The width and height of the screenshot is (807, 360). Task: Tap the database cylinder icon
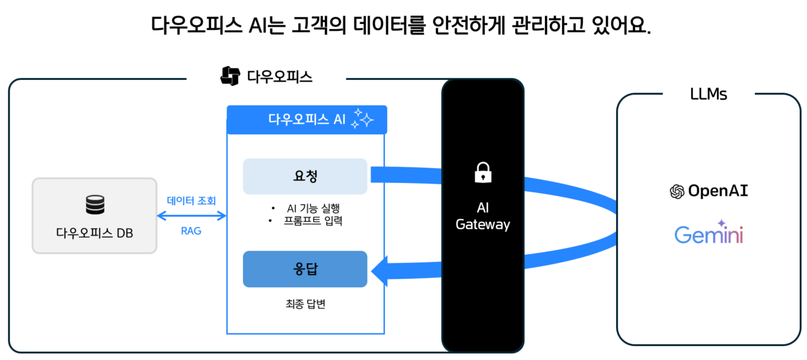pos(95,205)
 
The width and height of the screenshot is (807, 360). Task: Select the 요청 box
pos(305,176)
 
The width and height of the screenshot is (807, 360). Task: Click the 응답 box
pos(305,269)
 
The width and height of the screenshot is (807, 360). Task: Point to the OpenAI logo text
pos(718,191)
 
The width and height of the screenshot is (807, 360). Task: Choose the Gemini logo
pos(709,234)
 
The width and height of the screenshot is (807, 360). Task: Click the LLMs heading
pos(708,94)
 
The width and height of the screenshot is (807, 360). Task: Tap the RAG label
pos(191,231)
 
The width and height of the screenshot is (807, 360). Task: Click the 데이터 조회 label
pos(191,201)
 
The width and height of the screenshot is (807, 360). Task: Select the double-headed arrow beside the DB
pos(191,216)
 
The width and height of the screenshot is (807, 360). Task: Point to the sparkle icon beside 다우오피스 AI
pos(362,119)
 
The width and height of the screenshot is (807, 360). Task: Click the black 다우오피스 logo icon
pos(230,76)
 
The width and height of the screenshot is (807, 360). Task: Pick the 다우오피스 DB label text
pos(94,233)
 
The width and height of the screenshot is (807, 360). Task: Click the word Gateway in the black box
pos(482,225)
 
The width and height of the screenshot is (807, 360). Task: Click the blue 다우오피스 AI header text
pos(307,119)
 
